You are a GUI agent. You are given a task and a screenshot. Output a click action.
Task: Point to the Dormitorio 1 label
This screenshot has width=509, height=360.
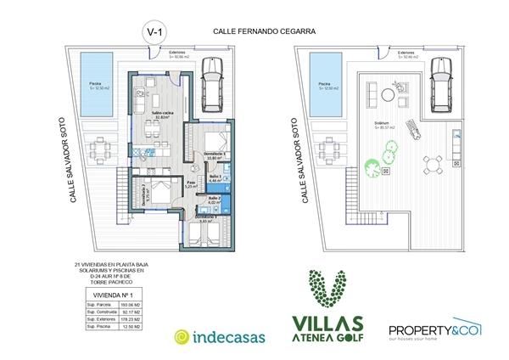(218, 154)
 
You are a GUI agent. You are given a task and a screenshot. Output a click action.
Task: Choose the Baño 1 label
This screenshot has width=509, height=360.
(215, 178)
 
